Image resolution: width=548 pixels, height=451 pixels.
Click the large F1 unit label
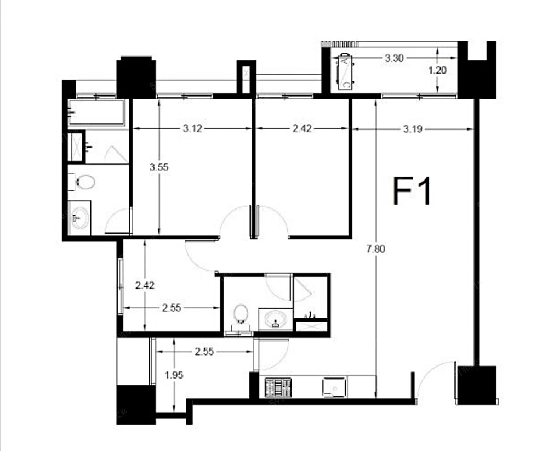pyautogui.click(x=413, y=191)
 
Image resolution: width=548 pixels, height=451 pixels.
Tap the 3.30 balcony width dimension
pyautogui.click(x=394, y=58)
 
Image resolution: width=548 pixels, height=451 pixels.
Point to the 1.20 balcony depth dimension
pyautogui.click(x=437, y=70)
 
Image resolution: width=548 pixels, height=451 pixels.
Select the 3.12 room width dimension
pyautogui.click(x=192, y=128)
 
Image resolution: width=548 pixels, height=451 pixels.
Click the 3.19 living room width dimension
pyautogui.click(x=413, y=129)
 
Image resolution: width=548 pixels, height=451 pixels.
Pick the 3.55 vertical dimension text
pyautogui.click(x=159, y=167)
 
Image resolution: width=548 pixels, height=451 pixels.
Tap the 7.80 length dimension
pyautogui.click(x=376, y=249)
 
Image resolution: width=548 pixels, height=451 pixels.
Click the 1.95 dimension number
pyautogui.click(x=174, y=375)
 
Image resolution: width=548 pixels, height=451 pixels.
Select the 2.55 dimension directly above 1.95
pyautogui.click(x=204, y=351)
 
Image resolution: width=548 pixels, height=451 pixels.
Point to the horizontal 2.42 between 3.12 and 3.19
pyautogui.click(x=302, y=128)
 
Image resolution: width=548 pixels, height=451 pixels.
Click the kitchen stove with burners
pyautogui.click(x=278, y=387)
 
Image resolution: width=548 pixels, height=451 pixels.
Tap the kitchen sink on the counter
pyautogui.click(x=334, y=387)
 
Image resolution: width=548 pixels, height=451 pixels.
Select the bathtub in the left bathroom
pyautogui.click(x=96, y=112)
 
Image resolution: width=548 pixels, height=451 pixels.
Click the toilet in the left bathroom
pyautogui.click(x=83, y=182)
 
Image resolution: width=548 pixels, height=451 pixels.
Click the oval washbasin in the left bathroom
pyautogui.click(x=79, y=218)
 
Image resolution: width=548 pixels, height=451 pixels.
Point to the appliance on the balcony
pyautogui.click(x=345, y=72)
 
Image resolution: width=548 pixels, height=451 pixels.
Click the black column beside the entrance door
pyautogui.click(x=477, y=385)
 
